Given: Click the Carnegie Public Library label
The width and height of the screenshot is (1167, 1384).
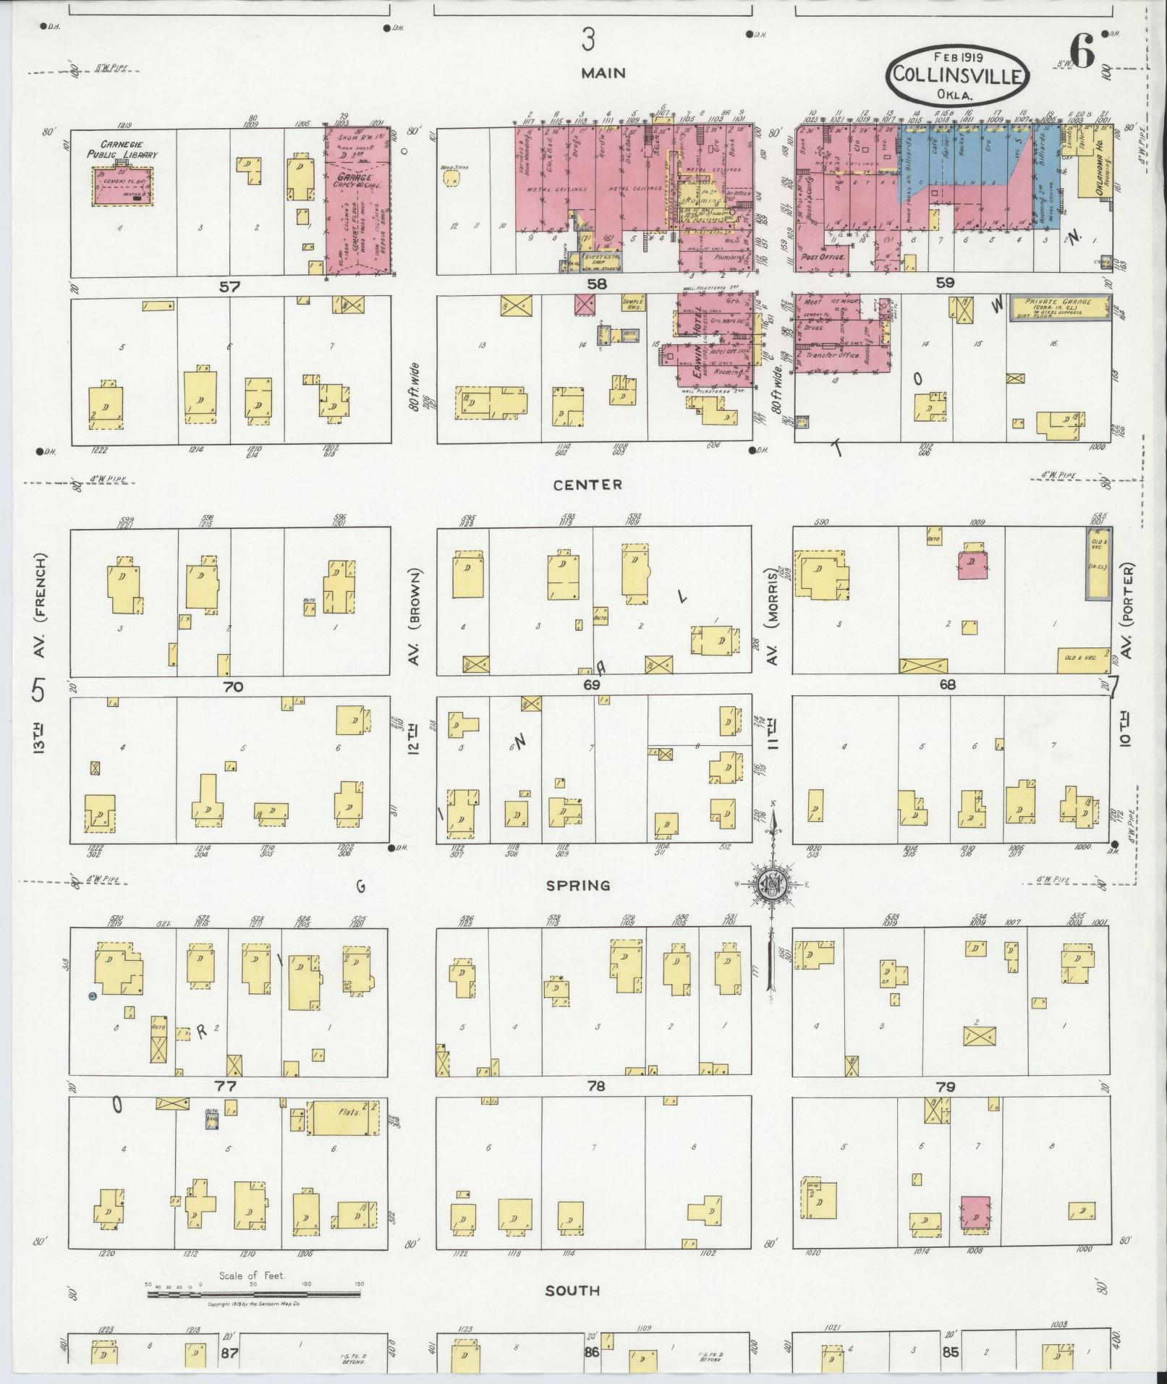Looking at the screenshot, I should (x=122, y=150).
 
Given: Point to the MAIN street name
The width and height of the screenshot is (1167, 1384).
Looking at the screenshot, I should (x=602, y=73).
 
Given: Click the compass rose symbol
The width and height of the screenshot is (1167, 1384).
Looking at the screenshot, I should (x=772, y=884).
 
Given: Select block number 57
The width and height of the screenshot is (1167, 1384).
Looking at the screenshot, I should (x=231, y=286).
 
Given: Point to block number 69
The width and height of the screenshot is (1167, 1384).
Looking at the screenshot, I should (x=593, y=684).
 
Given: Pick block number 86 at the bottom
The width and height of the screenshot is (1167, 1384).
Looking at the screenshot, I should (x=592, y=1352).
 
